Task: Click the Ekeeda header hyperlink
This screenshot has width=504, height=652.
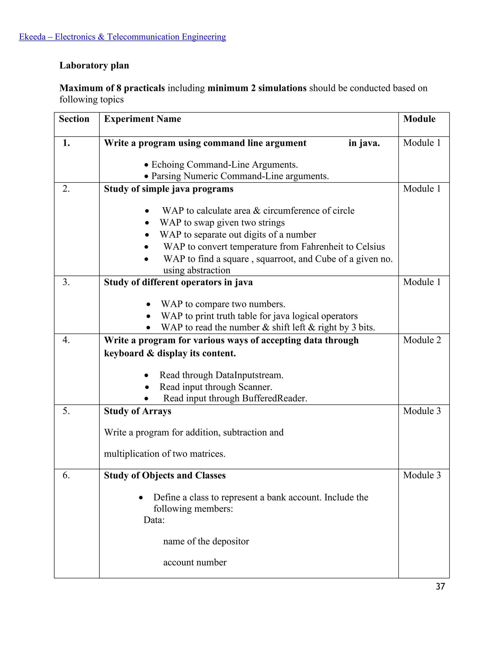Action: [x=122, y=37]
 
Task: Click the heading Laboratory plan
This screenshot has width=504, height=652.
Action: [x=94, y=65]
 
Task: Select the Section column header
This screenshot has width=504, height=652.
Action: [x=74, y=119]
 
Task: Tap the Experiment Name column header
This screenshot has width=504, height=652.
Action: [x=142, y=119]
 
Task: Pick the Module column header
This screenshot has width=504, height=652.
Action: [x=419, y=119]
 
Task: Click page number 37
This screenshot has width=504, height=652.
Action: [x=440, y=586]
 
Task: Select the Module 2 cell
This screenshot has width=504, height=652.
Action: [x=422, y=340]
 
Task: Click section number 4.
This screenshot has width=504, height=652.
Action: [x=66, y=340]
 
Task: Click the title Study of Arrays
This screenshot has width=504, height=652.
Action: [x=137, y=411]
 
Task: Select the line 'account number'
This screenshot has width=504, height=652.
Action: [x=195, y=562]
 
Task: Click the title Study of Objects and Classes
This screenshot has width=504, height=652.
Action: [x=165, y=475]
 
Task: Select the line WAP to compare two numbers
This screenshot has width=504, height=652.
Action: [x=223, y=304]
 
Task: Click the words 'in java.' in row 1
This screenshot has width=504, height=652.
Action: [x=364, y=143]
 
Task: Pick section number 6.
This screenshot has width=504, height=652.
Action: [x=66, y=475]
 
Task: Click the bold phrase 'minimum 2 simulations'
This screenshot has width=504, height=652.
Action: [x=257, y=88]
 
